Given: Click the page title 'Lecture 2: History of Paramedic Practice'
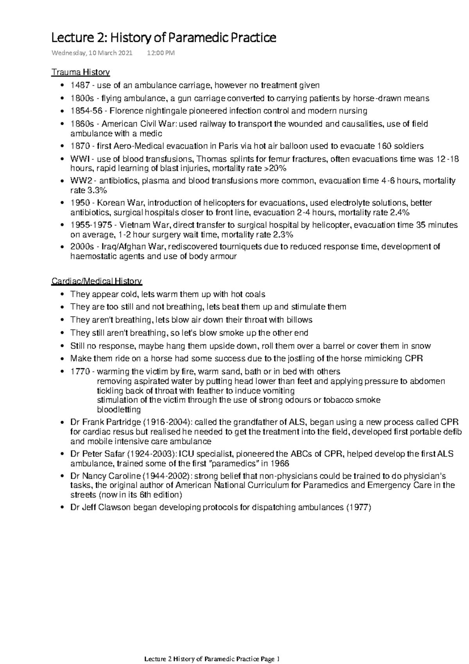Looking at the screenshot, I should (x=164, y=38).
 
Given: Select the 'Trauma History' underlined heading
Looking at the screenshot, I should (x=81, y=72).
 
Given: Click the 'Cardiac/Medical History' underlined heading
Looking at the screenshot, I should (x=97, y=281).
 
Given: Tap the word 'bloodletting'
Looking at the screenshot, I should (x=118, y=410).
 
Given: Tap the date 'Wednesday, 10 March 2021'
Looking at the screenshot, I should (x=92, y=53).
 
